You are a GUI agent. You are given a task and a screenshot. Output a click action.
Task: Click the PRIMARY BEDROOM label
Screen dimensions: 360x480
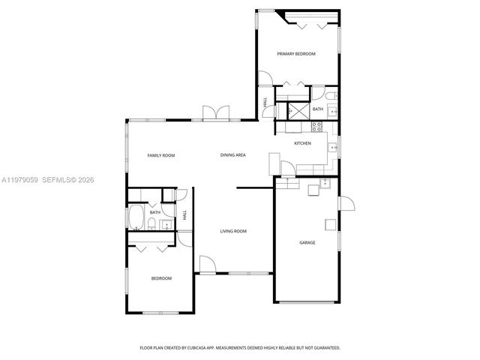[x=295, y=54]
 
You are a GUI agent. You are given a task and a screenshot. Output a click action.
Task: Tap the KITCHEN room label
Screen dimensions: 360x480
[x=302, y=143]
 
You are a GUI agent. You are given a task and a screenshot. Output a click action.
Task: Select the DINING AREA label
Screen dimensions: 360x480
[x=233, y=155]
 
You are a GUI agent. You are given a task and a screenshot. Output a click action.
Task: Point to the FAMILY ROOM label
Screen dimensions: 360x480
[x=160, y=155]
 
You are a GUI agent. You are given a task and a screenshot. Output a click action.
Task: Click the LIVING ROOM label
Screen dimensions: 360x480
[x=233, y=231]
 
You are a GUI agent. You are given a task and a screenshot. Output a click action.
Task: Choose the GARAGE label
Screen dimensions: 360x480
[x=307, y=242]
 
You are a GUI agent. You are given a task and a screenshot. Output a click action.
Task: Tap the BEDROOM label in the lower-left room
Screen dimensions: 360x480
[x=161, y=278]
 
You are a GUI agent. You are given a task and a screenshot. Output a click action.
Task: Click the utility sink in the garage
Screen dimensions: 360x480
[x=325, y=183]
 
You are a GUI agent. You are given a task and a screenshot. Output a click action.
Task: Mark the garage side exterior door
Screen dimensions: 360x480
[x=346, y=205]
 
